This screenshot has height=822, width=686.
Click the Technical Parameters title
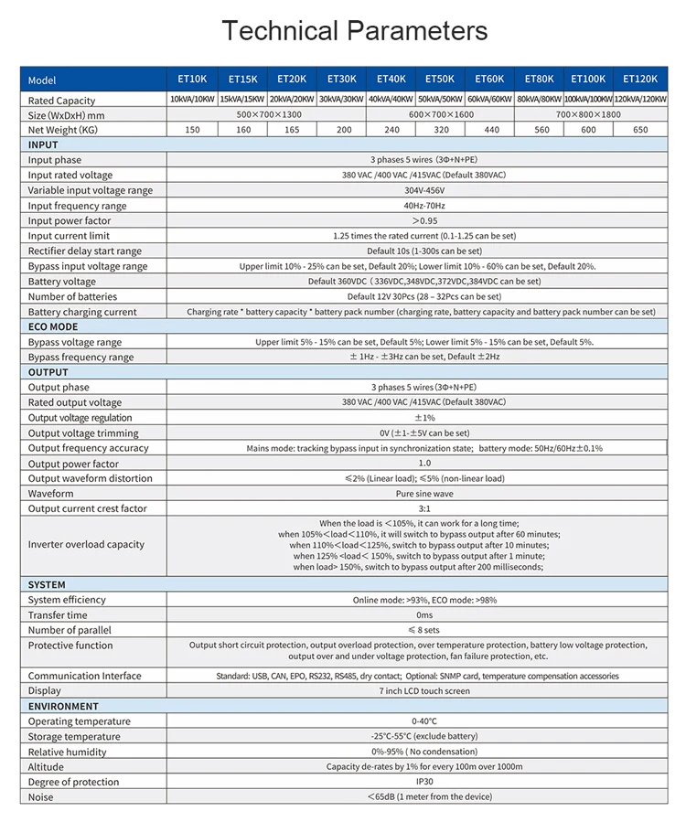click(x=355, y=31)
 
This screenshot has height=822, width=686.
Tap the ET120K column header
click(x=640, y=80)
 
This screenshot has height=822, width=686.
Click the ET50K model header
click(x=440, y=80)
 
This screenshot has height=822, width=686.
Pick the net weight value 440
click(x=490, y=130)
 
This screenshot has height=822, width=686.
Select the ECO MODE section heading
click(x=53, y=326)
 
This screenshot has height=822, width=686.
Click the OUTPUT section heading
click(x=48, y=372)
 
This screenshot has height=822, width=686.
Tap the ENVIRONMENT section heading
click(x=63, y=706)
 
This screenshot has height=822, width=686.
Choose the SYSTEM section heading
click(x=47, y=584)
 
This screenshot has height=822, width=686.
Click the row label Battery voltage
click(x=61, y=282)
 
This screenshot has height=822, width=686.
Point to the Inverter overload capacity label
click(x=86, y=544)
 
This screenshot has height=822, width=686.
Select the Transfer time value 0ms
click(x=417, y=615)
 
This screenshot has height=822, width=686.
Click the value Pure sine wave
click(x=417, y=494)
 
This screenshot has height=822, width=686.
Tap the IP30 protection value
click(x=417, y=782)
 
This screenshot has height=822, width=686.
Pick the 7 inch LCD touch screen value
click(x=417, y=691)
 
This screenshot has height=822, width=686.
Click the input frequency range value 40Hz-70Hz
click(x=417, y=206)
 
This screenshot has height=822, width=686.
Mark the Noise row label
click(x=40, y=797)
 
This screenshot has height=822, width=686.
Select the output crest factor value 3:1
click(x=417, y=508)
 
